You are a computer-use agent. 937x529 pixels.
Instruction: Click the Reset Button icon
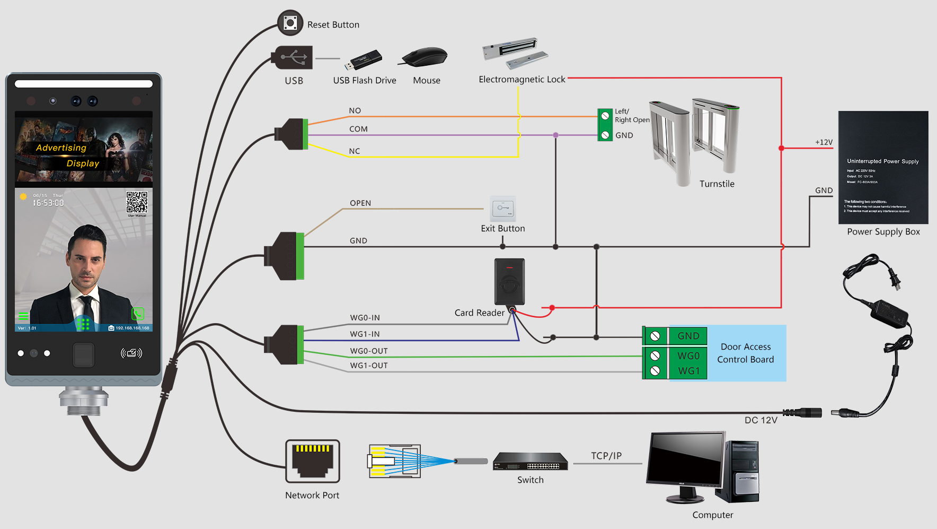pos(290,23)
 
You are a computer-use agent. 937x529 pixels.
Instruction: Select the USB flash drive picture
pos(364,60)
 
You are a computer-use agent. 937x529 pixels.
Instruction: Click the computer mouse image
pos(425,56)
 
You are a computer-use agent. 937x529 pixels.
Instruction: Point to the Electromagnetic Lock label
pos(521,80)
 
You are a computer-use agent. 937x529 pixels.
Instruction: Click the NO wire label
pos(355,110)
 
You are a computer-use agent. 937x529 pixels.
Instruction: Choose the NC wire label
pos(355,151)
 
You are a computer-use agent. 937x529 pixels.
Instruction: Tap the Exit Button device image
pos(502,209)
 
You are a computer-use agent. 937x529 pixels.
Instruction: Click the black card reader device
pos(509,281)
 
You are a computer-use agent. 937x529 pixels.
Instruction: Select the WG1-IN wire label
pos(365,334)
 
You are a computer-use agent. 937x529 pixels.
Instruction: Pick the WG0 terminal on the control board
pos(688,355)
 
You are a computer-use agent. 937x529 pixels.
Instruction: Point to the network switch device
pos(530,462)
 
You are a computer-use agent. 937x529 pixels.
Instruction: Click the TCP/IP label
pos(606,456)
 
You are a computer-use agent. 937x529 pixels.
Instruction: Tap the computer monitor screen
pos(686,459)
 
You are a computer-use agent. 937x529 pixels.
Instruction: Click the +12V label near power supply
pos(824,142)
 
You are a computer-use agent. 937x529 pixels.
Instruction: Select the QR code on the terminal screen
pos(137,202)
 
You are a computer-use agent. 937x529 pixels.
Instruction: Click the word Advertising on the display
pos(61,148)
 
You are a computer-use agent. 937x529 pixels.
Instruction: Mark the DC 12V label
pos(761,420)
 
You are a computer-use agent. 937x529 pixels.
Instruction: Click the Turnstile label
pos(717,184)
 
